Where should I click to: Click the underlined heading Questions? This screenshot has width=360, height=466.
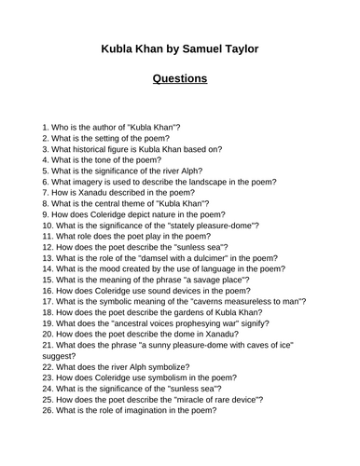tap(179, 78)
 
